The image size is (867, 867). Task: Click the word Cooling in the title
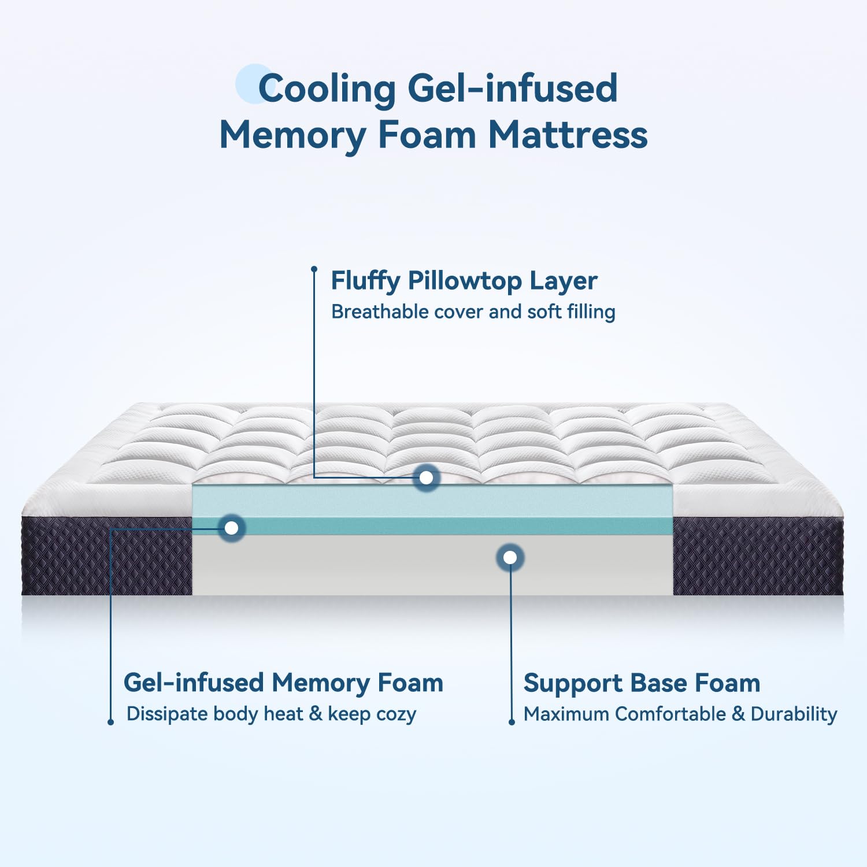coord(327,89)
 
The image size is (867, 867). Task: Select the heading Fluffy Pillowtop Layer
coord(464,281)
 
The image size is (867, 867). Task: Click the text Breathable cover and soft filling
coord(473,312)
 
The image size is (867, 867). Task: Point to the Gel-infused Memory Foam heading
coord(283,683)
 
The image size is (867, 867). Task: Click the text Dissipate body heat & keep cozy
coord(271,714)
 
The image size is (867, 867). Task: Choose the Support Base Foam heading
coord(642,683)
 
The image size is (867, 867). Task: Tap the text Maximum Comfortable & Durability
coord(680,714)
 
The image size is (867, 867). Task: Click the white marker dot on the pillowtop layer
coord(427,478)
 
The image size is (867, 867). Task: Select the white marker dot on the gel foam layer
coord(232,528)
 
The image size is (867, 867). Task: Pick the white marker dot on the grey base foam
coord(510,557)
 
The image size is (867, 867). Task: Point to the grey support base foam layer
coord(432,565)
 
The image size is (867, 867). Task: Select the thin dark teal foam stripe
coord(432,526)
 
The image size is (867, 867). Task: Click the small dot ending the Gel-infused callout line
coord(110,722)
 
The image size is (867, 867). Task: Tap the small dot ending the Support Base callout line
coord(512,722)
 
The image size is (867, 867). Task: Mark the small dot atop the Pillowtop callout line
coord(314,269)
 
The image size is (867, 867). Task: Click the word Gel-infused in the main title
coord(513,89)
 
